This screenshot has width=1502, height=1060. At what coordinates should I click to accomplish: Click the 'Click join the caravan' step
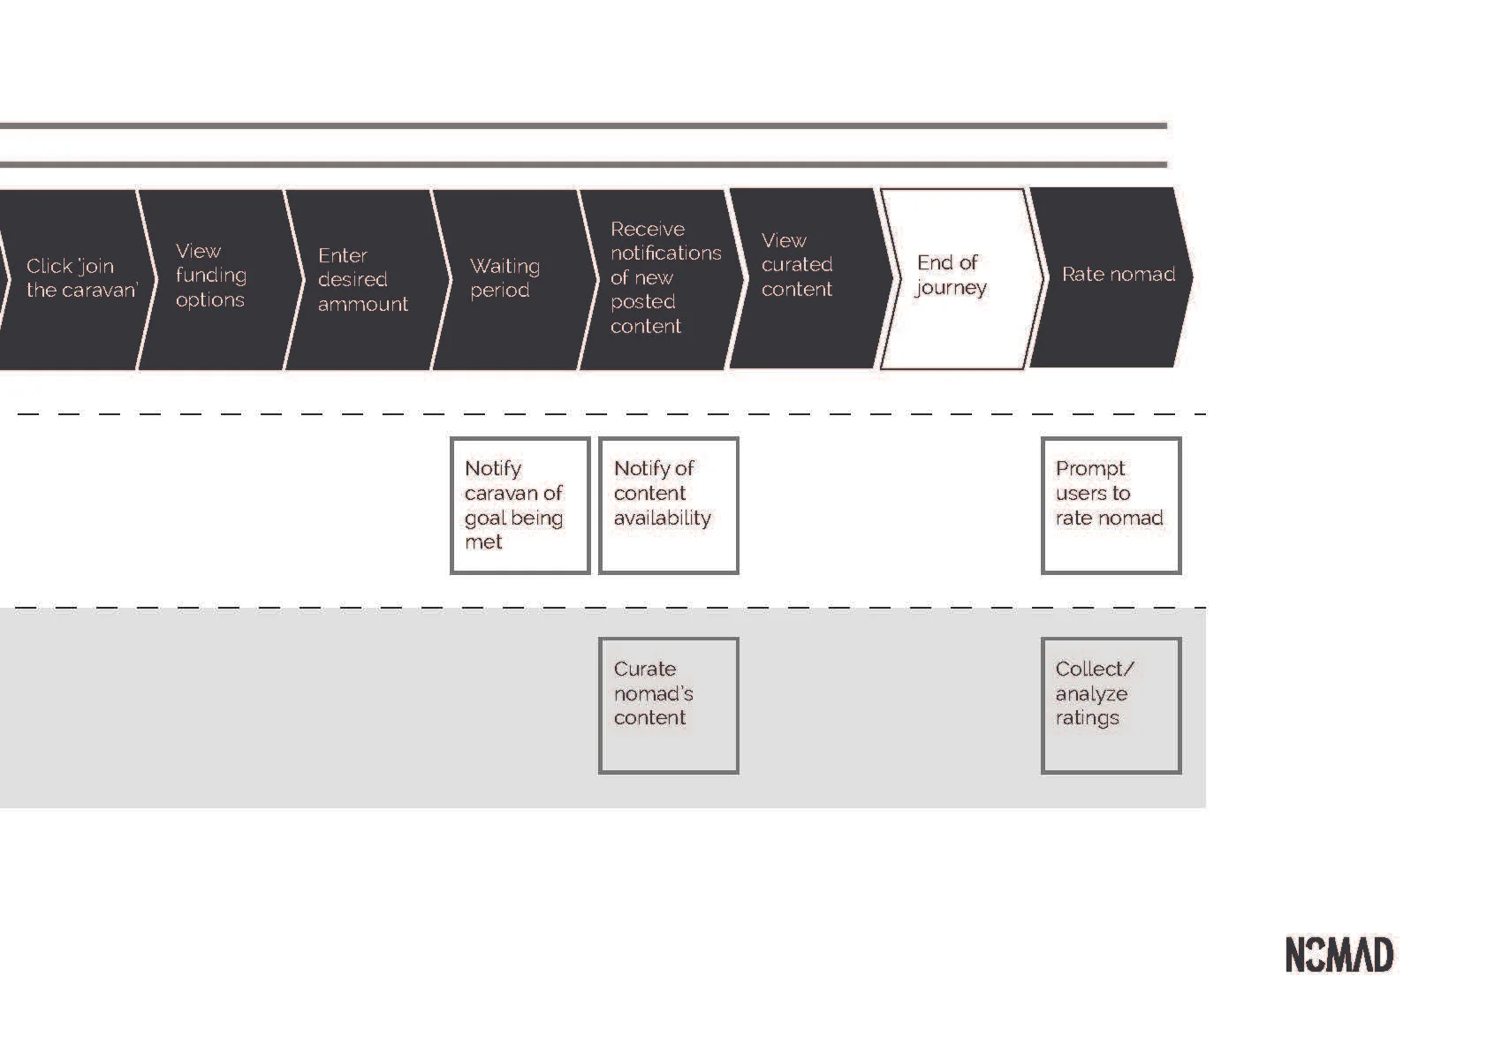[75, 278]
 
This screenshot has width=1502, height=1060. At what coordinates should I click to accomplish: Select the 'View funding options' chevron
[212, 278]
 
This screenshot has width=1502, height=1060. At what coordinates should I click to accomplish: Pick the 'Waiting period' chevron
[505, 278]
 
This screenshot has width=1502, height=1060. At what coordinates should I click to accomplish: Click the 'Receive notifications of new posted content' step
[658, 278]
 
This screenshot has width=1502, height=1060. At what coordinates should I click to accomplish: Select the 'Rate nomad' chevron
[1113, 276]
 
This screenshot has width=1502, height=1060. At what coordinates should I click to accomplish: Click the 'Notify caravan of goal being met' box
[520, 505]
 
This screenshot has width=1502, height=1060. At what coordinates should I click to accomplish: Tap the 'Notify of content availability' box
[668, 505]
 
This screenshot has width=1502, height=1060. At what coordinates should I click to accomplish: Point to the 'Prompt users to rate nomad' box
[1111, 505]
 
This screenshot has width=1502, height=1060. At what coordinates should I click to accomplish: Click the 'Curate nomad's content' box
[668, 705]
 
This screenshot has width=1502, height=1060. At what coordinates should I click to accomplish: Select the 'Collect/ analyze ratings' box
[1111, 705]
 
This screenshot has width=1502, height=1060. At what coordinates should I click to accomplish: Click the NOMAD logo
[1339, 955]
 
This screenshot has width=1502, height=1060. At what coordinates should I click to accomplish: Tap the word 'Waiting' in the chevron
[504, 266]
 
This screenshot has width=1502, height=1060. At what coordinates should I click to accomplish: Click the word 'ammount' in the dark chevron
[363, 304]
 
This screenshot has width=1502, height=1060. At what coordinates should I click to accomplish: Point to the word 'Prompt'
[1090, 468]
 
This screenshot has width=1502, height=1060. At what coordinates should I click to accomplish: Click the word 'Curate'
[645, 669]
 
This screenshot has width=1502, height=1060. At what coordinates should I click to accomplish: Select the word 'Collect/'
[1095, 669]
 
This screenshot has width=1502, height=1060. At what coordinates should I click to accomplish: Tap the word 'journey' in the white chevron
[951, 288]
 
